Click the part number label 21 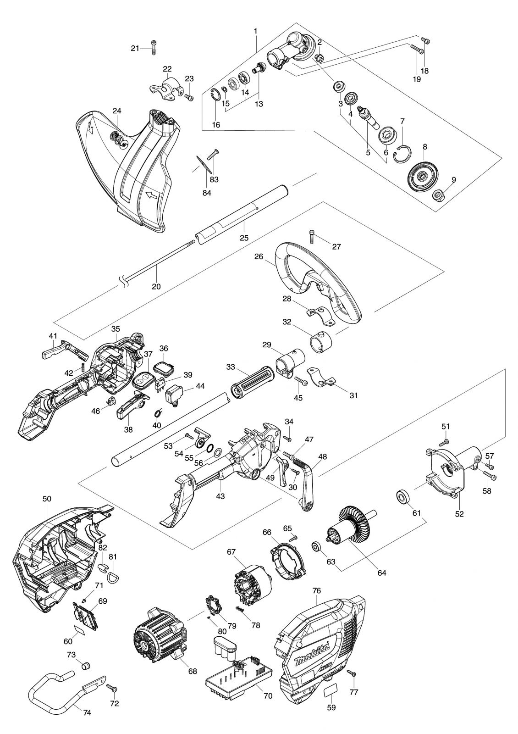[x=135, y=49]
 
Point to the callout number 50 [x=47, y=507]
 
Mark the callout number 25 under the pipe [x=244, y=237]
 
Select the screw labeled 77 [x=353, y=671]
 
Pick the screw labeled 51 [x=444, y=443]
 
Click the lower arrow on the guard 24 [x=151, y=195]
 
